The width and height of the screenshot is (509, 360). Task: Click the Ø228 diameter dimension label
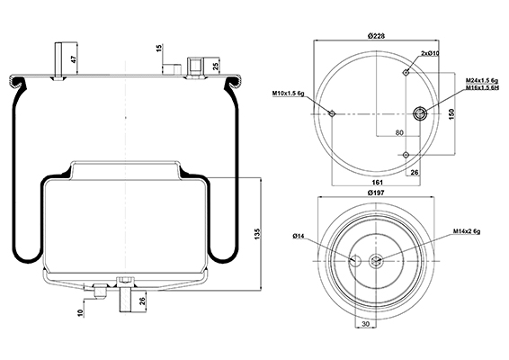(376, 36)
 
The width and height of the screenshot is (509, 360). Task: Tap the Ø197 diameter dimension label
(376, 193)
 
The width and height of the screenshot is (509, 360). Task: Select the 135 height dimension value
(257, 234)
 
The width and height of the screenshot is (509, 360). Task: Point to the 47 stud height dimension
(74, 59)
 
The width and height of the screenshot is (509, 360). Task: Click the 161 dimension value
(377, 183)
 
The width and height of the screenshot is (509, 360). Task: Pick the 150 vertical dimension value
(452, 114)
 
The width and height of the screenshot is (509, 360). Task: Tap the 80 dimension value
(399, 132)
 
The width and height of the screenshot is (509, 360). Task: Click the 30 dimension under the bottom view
(365, 324)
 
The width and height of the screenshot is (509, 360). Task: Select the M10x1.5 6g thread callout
(288, 94)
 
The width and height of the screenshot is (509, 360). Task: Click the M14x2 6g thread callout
(467, 231)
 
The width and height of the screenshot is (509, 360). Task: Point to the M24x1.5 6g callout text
(482, 80)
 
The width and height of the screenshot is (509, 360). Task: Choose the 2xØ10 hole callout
(430, 53)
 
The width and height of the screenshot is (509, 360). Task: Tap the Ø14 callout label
(298, 236)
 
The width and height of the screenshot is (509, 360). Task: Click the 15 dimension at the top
(159, 49)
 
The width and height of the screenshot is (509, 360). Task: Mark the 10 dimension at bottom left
(81, 313)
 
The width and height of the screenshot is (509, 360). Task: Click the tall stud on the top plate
(58, 61)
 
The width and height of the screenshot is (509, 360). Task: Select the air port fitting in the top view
(419, 113)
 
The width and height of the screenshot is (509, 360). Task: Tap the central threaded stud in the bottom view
(376, 261)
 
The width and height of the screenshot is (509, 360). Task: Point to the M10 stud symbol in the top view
(332, 113)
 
